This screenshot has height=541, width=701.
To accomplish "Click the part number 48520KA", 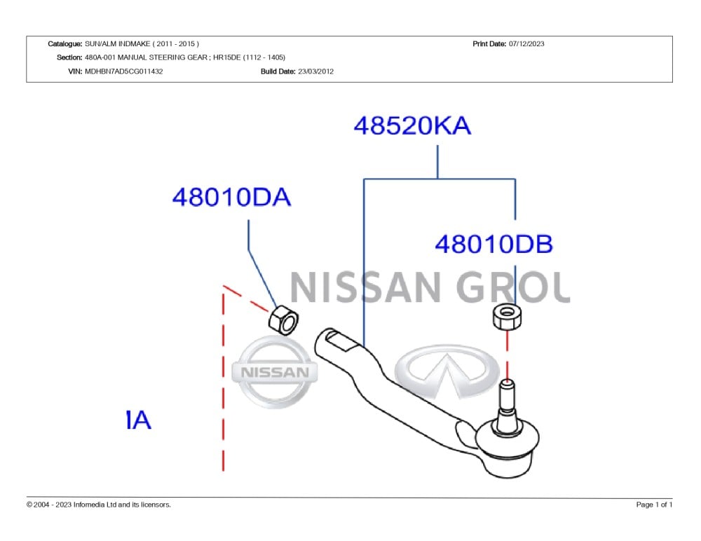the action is [412, 125].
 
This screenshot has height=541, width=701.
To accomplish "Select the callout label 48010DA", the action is [231, 197].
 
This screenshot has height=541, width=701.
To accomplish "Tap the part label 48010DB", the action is [494, 244].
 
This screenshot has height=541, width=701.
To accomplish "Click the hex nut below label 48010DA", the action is [284, 320].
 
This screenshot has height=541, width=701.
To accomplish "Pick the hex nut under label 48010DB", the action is [507, 317].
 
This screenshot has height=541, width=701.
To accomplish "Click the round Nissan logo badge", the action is [275, 372].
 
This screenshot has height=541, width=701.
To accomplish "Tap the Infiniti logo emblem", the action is [447, 371].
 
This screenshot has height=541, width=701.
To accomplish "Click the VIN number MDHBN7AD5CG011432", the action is [124, 71].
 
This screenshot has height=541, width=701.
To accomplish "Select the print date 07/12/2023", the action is [526, 44].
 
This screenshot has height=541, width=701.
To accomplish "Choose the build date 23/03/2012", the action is [315, 71].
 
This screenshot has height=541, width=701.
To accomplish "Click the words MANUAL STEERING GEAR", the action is [163, 57].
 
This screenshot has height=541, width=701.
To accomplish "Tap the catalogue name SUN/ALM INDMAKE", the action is [118, 44].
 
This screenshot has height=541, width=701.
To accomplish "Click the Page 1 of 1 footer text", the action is [654, 505].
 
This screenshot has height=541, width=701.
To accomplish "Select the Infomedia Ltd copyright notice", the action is [99, 505].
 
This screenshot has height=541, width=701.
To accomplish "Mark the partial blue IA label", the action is [139, 420].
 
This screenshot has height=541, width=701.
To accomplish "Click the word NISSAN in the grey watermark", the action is [366, 288].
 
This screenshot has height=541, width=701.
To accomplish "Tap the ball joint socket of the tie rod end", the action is [508, 448].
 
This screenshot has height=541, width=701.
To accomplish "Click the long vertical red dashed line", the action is [223, 380].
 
